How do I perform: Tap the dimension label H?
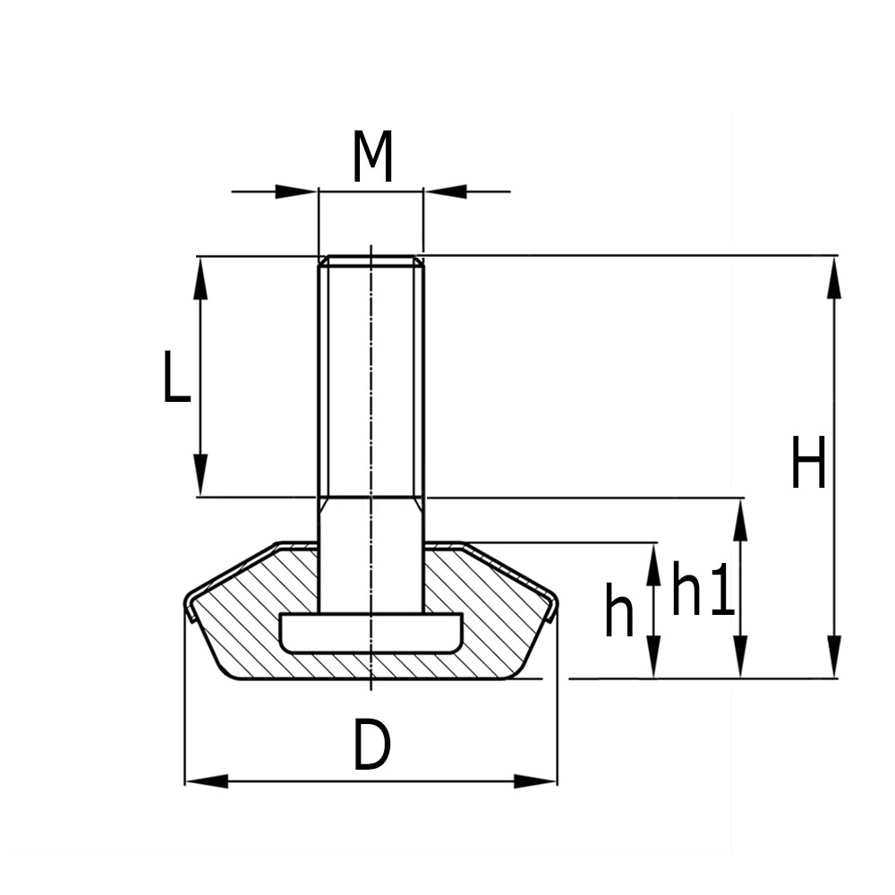pyautogui.click(x=808, y=463)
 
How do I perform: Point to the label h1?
pyautogui.click(x=703, y=591)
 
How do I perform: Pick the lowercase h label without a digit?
pyautogui.click(x=618, y=611)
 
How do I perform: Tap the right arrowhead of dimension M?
pyautogui.click(x=445, y=192)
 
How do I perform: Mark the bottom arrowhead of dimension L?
pyautogui.click(x=200, y=475)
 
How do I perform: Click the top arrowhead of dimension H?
pyautogui.click(x=834, y=277)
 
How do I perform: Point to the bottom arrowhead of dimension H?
pyautogui.click(x=834, y=657)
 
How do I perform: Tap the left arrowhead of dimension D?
pyautogui.click(x=207, y=781)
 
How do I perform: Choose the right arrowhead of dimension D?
pyautogui.click(x=535, y=781)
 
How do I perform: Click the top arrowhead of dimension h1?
pyautogui.click(x=740, y=520)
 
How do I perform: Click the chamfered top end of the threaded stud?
pyautogui.click(x=371, y=261)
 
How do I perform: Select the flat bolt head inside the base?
pyautogui.click(x=371, y=633)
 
